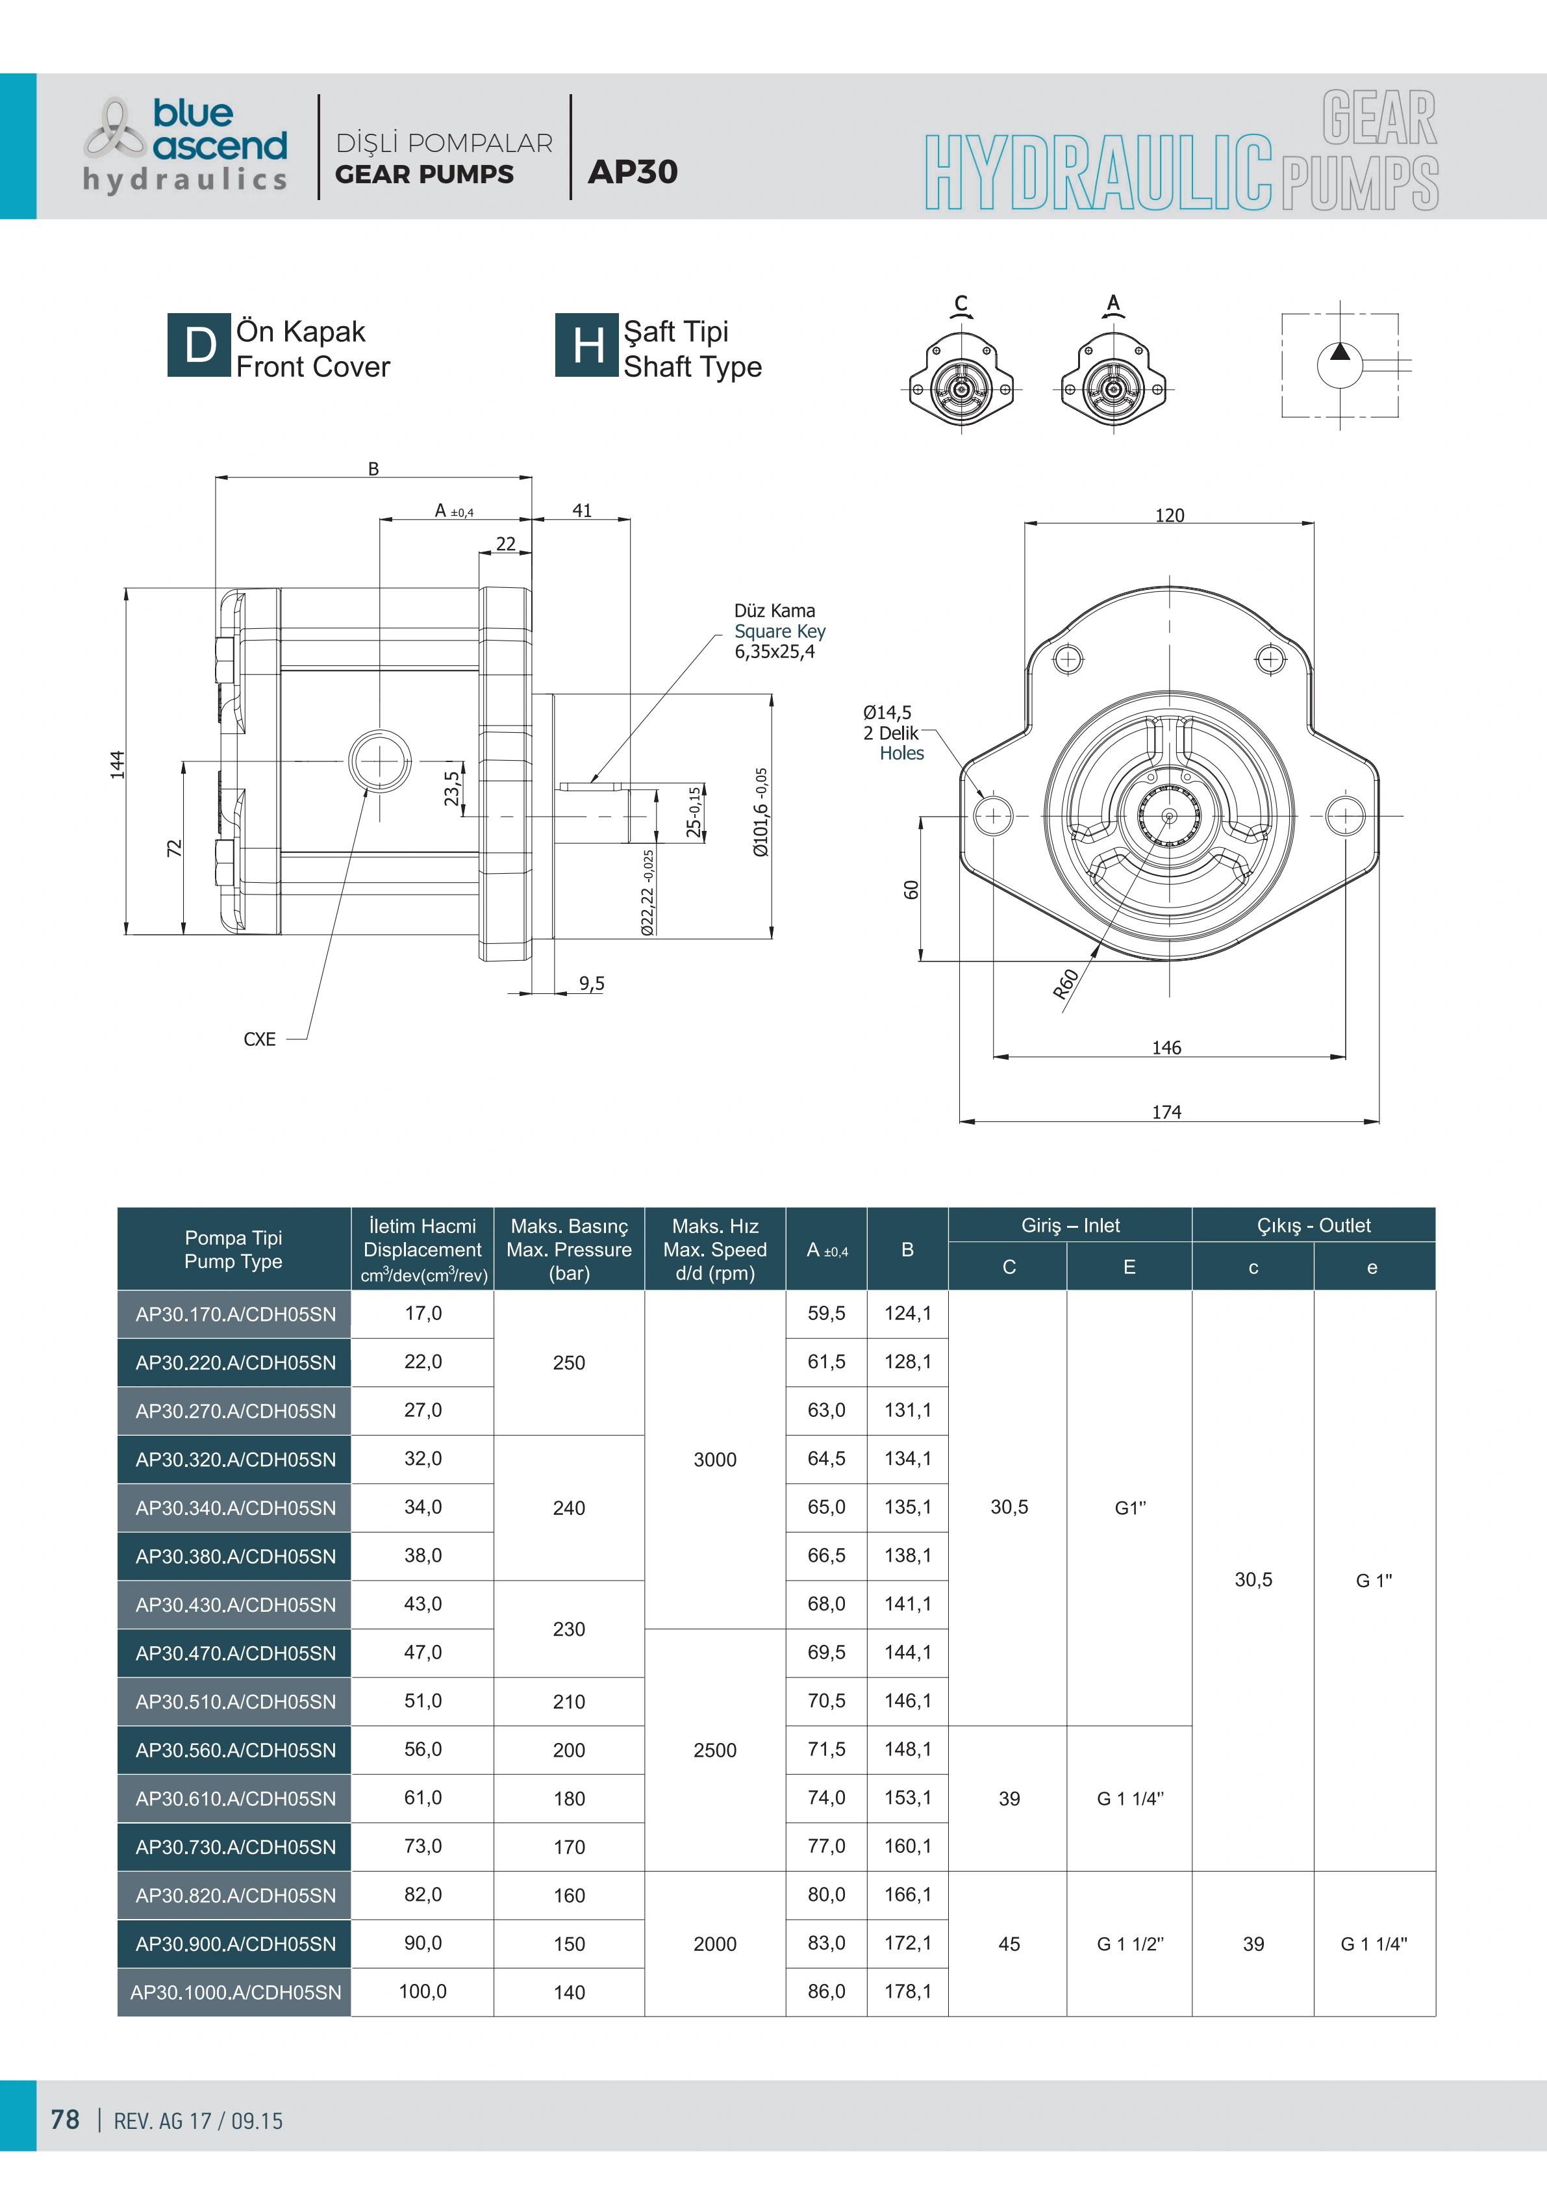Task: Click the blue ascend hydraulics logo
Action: (x=186, y=145)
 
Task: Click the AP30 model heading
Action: (x=633, y=172)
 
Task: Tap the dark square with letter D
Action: (x=199, y=345)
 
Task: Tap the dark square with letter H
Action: (x=587, y=345)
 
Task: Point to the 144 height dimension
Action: (x=117, y=763)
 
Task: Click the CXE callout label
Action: (x=259, y=1039)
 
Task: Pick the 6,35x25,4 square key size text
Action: (x=774, y=652)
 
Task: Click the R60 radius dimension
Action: (x=1066, y=984)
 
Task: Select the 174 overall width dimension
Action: (x=1167, y=1112)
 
